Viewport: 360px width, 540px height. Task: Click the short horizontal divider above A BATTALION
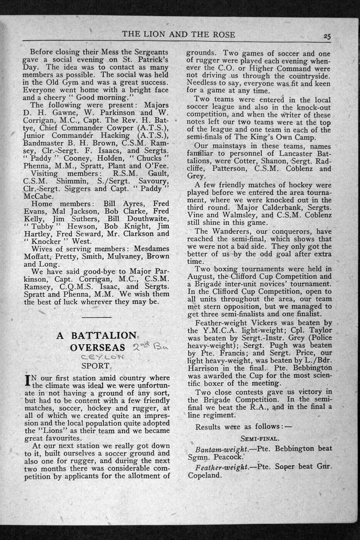coord(97,317)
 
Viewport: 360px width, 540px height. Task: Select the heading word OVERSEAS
coord(98,348)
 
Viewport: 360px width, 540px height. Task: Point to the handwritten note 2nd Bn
coord(144,346)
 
